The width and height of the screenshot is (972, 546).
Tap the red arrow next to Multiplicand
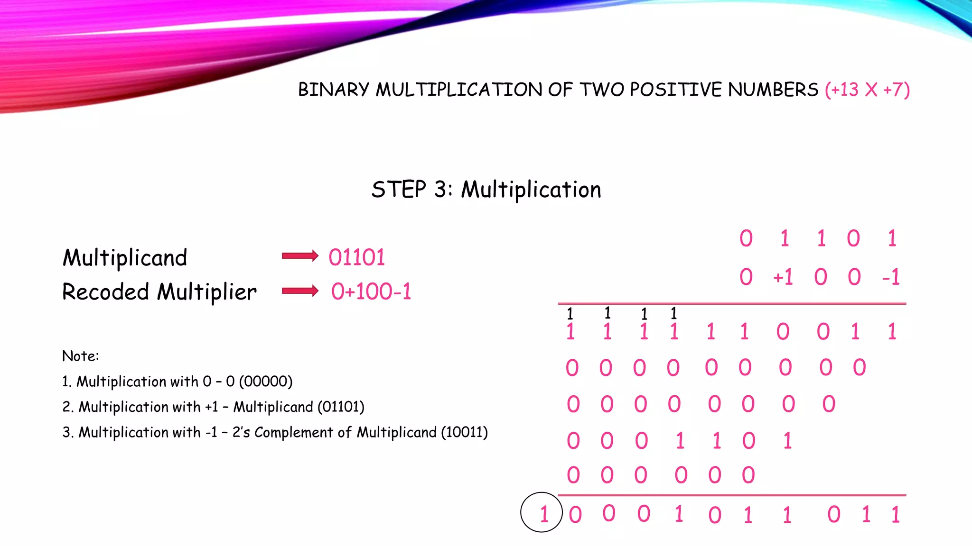(300, 256)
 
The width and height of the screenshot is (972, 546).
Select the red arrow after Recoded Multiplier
(300, 291)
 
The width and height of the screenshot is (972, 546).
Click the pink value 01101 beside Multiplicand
(357, 257)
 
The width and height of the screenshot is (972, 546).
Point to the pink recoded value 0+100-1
(371, 291)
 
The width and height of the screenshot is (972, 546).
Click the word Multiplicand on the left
(125, 258)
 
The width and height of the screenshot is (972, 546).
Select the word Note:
(80, 356)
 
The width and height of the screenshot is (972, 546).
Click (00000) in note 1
(266, 382)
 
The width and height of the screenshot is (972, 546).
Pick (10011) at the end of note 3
(464, 432)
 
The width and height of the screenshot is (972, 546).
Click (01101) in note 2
(341, 407)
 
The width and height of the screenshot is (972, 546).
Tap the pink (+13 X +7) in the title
(867, 90)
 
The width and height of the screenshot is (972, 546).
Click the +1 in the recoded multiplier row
(783, 277)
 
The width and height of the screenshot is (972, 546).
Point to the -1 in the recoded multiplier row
(890, 277)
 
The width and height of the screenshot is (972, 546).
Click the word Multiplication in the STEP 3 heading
(531, 190)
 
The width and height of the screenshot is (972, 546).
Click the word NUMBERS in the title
(773, 90)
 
